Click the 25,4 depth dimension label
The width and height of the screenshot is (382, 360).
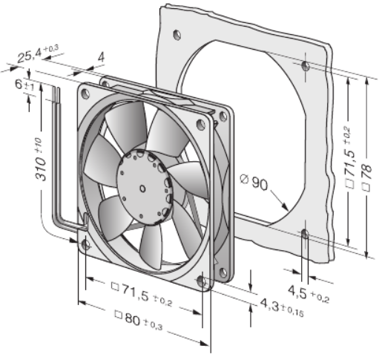tap(38, 54)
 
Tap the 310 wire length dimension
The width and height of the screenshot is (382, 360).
tap(41, 158)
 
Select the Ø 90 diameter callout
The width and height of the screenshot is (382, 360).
tap(254, 182)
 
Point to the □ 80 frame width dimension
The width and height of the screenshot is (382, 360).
tap(139, 320)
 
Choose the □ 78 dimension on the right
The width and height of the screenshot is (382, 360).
tap(367, 177)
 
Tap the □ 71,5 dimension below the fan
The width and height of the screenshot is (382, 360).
tap(142, 294)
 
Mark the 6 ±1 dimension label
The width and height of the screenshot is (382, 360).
tap(24, 85)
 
